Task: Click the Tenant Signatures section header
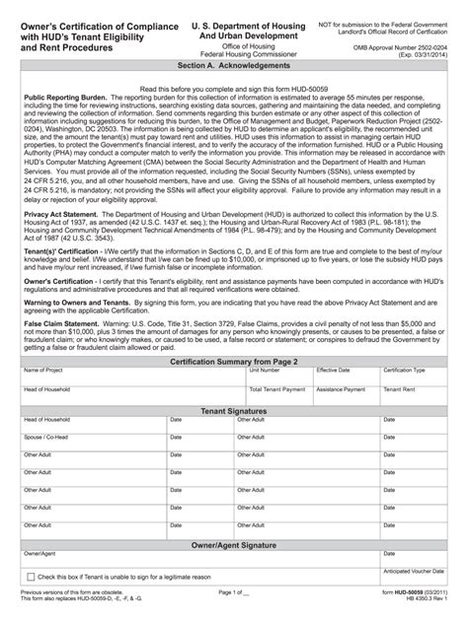pos(234,381)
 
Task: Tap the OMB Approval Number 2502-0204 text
pos(412,39)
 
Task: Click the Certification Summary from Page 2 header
pos(234,335)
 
